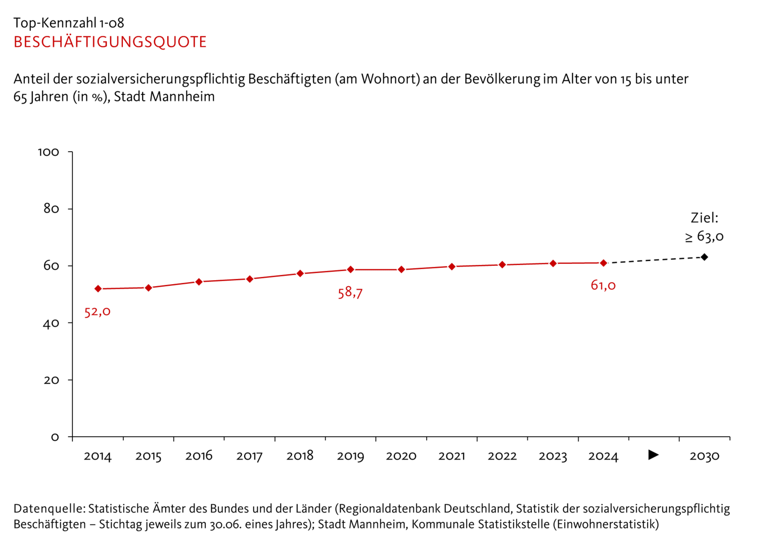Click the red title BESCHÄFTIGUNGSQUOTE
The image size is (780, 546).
click(x=110, y=42)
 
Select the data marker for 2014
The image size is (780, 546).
click(x=98, y=289)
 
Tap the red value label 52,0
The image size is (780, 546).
click(x=97, y=311)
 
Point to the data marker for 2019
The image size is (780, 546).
click(x=351, y=269)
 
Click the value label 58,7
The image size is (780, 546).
click(x=350, y=293)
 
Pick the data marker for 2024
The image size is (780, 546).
click(x=604, y=263)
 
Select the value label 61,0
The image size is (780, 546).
click(x=603, y=286)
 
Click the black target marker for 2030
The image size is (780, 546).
click(x=705, y=257)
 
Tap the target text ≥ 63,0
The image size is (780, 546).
click(x=704, y=237)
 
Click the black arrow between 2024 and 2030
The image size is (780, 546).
click(x=654, y=455)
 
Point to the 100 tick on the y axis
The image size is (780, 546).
click(x=49, y=152)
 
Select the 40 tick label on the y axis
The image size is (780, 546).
click(x=51, y=323)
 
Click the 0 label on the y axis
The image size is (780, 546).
click(x=55, y=437)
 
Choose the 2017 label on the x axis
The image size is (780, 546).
click(x=249, y=457)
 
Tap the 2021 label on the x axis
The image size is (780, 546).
click(x=451, y=457)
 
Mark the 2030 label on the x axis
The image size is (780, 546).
click(x=704, y=457)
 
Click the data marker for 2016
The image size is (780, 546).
click(x=199, y=282)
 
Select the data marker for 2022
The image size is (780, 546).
click(x=502, y=264)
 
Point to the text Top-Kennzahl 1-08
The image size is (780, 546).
click(x=69, y=23)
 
